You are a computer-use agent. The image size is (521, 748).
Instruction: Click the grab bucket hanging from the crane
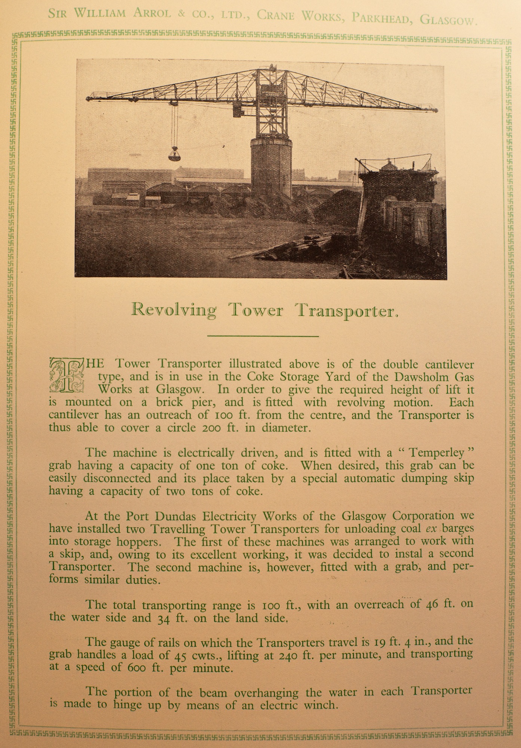point(174,154)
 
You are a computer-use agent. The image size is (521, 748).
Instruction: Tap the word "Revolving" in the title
point(174,310)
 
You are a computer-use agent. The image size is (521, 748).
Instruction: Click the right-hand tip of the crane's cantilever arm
point(436,110)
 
